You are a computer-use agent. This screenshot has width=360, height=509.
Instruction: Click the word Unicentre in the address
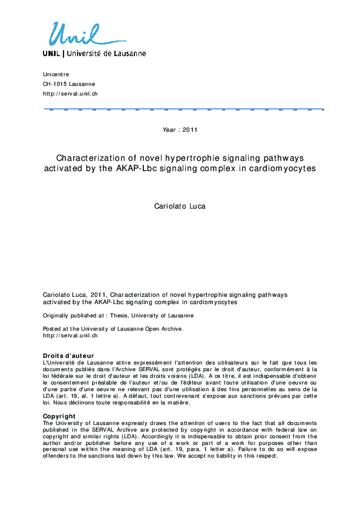pos(56,74)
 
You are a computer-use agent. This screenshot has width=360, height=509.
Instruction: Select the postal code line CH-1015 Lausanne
pos(68,84)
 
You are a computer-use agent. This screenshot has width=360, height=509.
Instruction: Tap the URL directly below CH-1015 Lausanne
pos(70,94)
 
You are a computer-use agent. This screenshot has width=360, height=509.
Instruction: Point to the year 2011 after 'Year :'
pos(189,129)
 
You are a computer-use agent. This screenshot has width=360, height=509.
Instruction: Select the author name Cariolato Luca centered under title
pos(180,206)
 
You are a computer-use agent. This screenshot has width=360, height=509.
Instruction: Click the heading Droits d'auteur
pos(68,355)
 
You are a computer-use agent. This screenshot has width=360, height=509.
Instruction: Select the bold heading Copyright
pos(59,416)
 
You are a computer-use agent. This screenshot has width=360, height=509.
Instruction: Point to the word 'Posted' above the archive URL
pos(52,328)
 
